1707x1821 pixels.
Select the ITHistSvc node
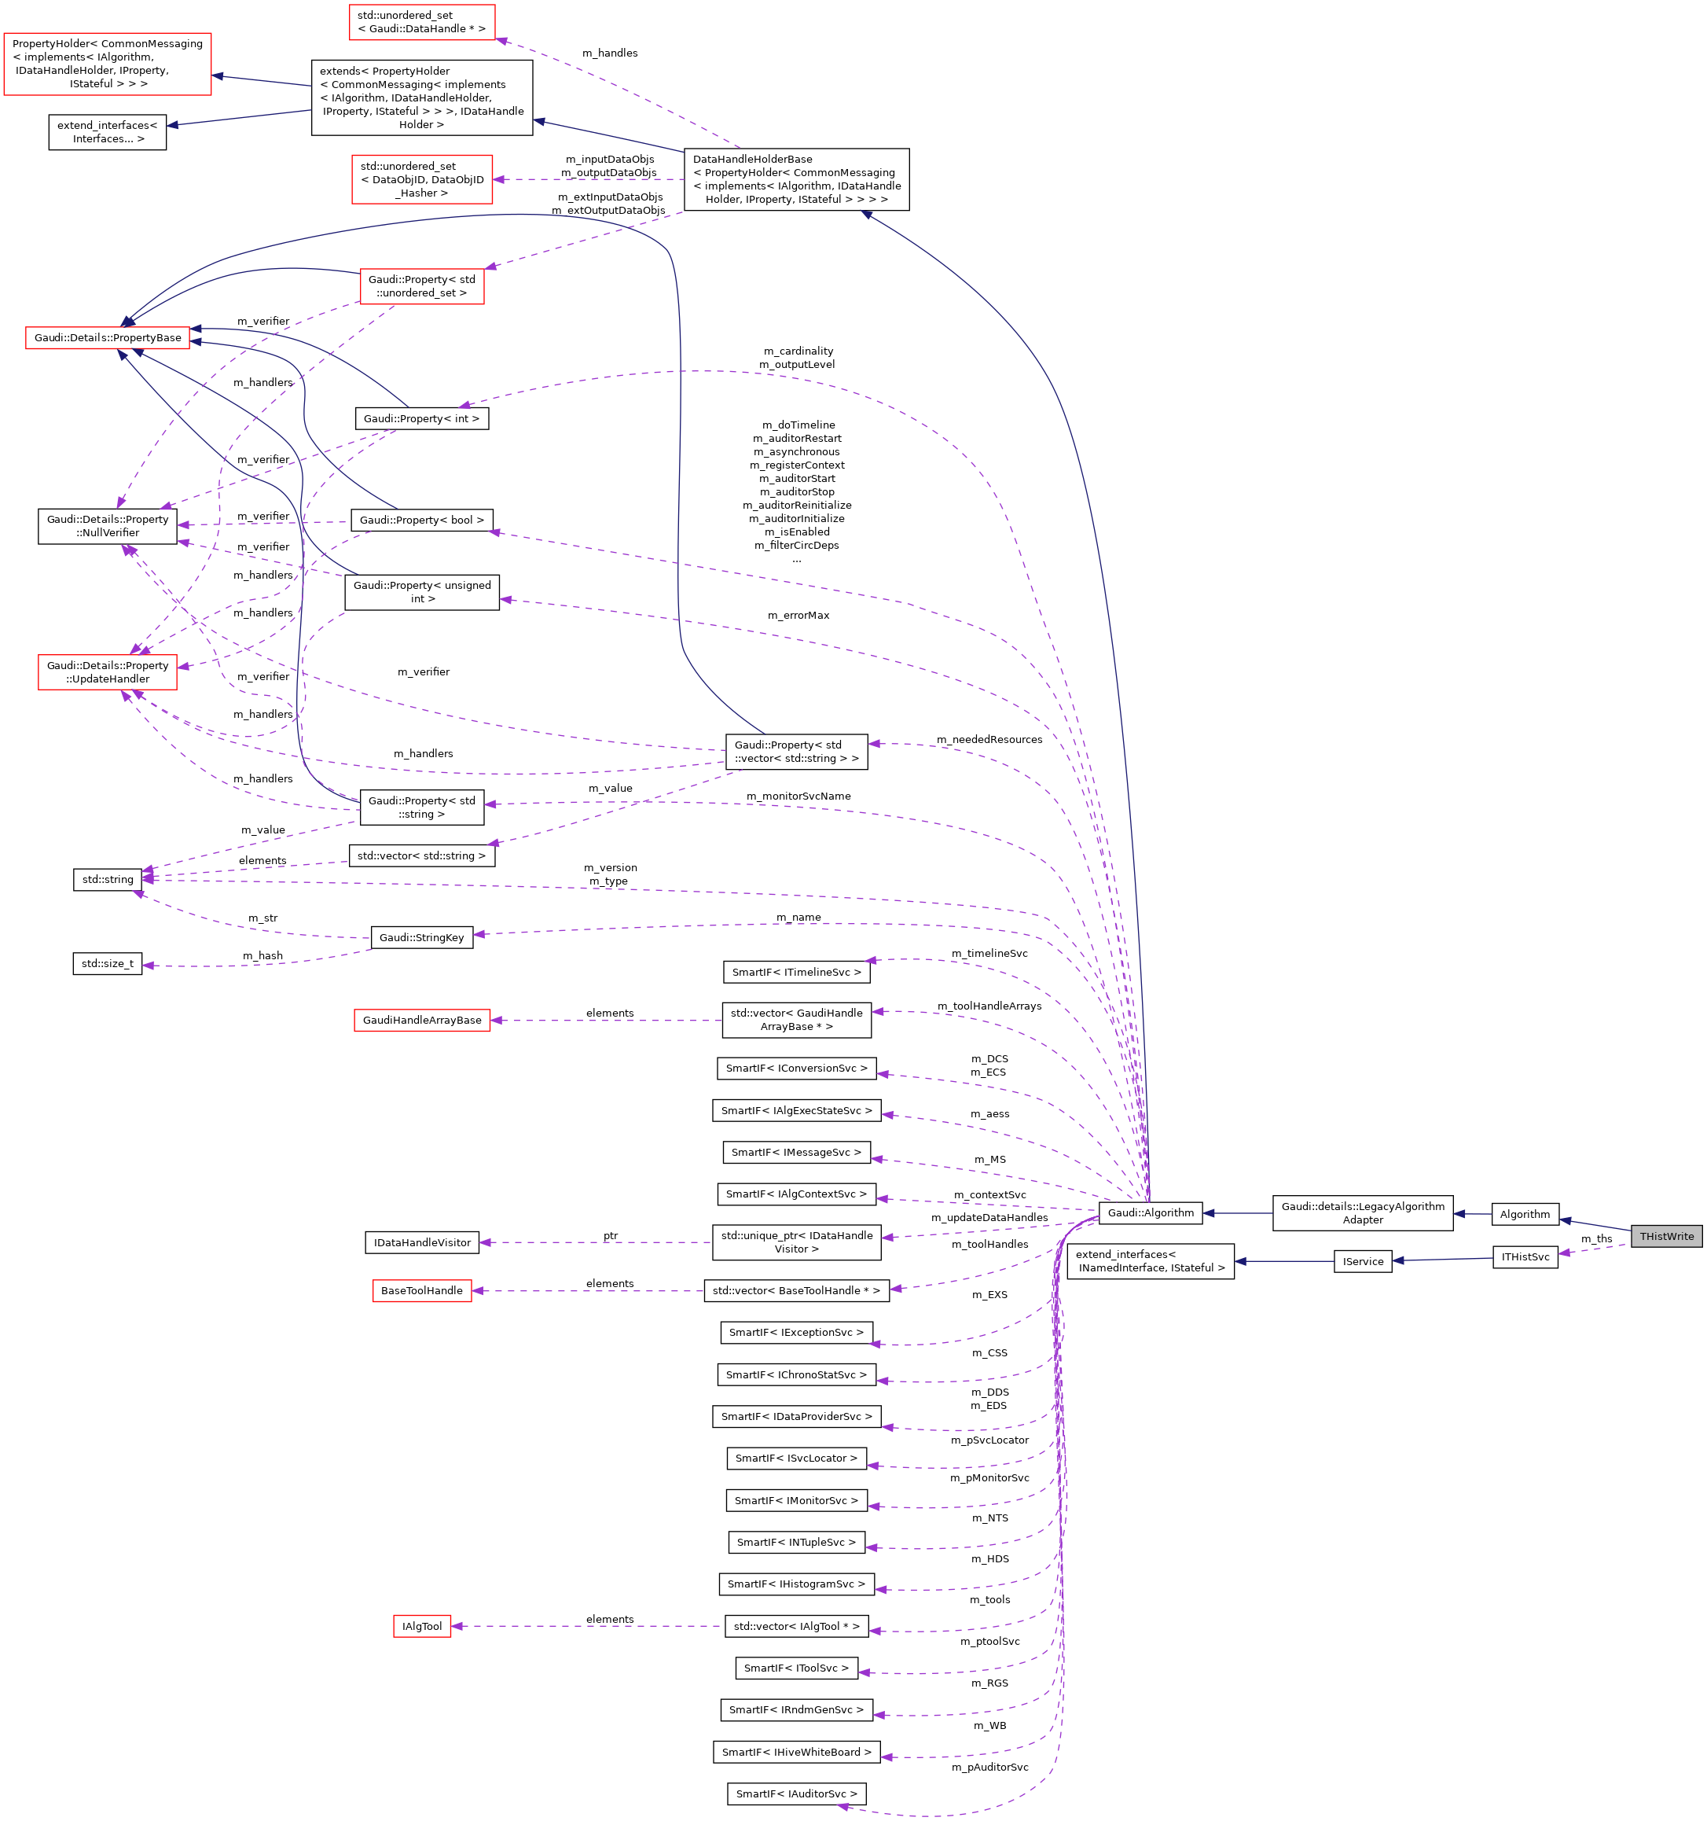click(1524, 1256)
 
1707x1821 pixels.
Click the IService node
click(1362, 1261)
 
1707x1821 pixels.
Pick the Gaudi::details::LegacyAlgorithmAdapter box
click(1362, 1212)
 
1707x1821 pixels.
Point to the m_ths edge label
click(1595, 1238)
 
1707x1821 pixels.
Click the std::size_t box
click(107, 964)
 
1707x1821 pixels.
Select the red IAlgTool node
click(421, 1627)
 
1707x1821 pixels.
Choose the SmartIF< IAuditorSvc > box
click(796, 1793)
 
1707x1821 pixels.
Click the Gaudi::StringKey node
click(421, 937)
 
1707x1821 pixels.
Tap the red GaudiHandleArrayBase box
click(421, 1020)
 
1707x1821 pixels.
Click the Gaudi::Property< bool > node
click(421, 520)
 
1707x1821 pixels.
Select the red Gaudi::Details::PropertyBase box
click(107, 337)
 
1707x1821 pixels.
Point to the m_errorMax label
click(798, 615)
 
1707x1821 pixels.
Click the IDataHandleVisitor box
click(421, 1243)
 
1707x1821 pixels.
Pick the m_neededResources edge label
click(988, 739)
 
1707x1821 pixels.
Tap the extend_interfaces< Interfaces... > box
click(107, 132)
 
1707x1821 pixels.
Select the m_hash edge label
click(262, 955)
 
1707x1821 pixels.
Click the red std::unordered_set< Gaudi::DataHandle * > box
click(421, 22)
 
